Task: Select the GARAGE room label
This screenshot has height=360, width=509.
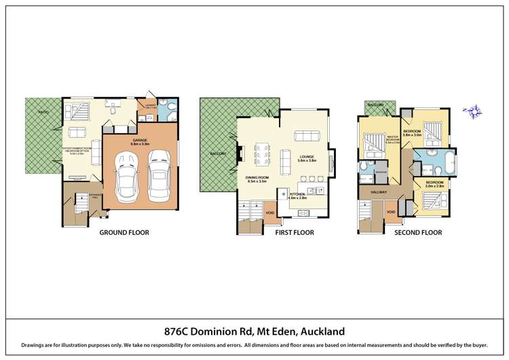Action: click(141, 140)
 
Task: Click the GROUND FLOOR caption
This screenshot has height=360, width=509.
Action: click(124, 232)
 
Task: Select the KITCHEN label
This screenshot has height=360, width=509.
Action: click(298, 194)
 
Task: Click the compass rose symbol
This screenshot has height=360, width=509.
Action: click(472, 110)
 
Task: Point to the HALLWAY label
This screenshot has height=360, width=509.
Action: click(378, 192)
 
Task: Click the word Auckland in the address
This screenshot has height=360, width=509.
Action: click(317, 331)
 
